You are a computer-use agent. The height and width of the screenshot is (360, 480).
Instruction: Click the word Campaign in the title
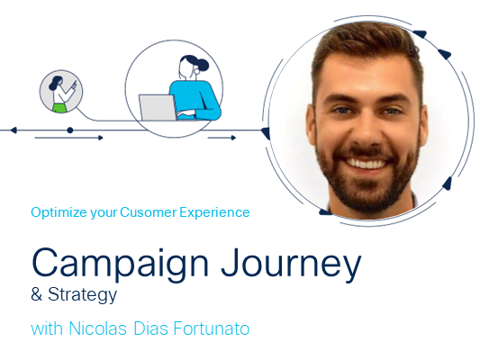point(120,265)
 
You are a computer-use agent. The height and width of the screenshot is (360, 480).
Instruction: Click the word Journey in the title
point(291,265)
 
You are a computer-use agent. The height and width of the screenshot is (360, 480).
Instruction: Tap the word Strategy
point(82,295)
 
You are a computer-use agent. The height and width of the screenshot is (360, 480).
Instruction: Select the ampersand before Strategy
point(36,294)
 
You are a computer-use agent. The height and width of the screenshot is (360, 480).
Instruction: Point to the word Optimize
point(59,212)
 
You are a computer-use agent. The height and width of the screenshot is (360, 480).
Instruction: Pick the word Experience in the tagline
point(214,212)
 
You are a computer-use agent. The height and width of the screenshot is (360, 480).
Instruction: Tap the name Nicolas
point(97,328)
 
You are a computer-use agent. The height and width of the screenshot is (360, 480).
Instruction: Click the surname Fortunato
point(212,328)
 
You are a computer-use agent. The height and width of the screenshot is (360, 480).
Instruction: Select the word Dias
point(151,328)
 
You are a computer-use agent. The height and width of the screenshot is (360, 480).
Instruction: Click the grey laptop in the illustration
point(158,107)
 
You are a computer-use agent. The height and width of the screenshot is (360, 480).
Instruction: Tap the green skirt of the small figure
point(60,108)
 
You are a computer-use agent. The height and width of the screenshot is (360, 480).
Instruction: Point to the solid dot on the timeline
point(70,130)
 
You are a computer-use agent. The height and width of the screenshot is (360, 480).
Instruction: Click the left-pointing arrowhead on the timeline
point(14,130)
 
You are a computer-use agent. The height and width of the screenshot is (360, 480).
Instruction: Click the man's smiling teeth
point(367,164)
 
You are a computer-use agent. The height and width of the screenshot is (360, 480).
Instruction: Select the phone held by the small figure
point(75,84)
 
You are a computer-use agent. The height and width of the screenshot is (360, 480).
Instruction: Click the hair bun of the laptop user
point(203,65)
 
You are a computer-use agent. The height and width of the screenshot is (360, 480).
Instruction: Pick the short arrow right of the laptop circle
point(222,138)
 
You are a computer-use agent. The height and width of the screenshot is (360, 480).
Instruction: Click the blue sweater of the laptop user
point(196,99)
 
